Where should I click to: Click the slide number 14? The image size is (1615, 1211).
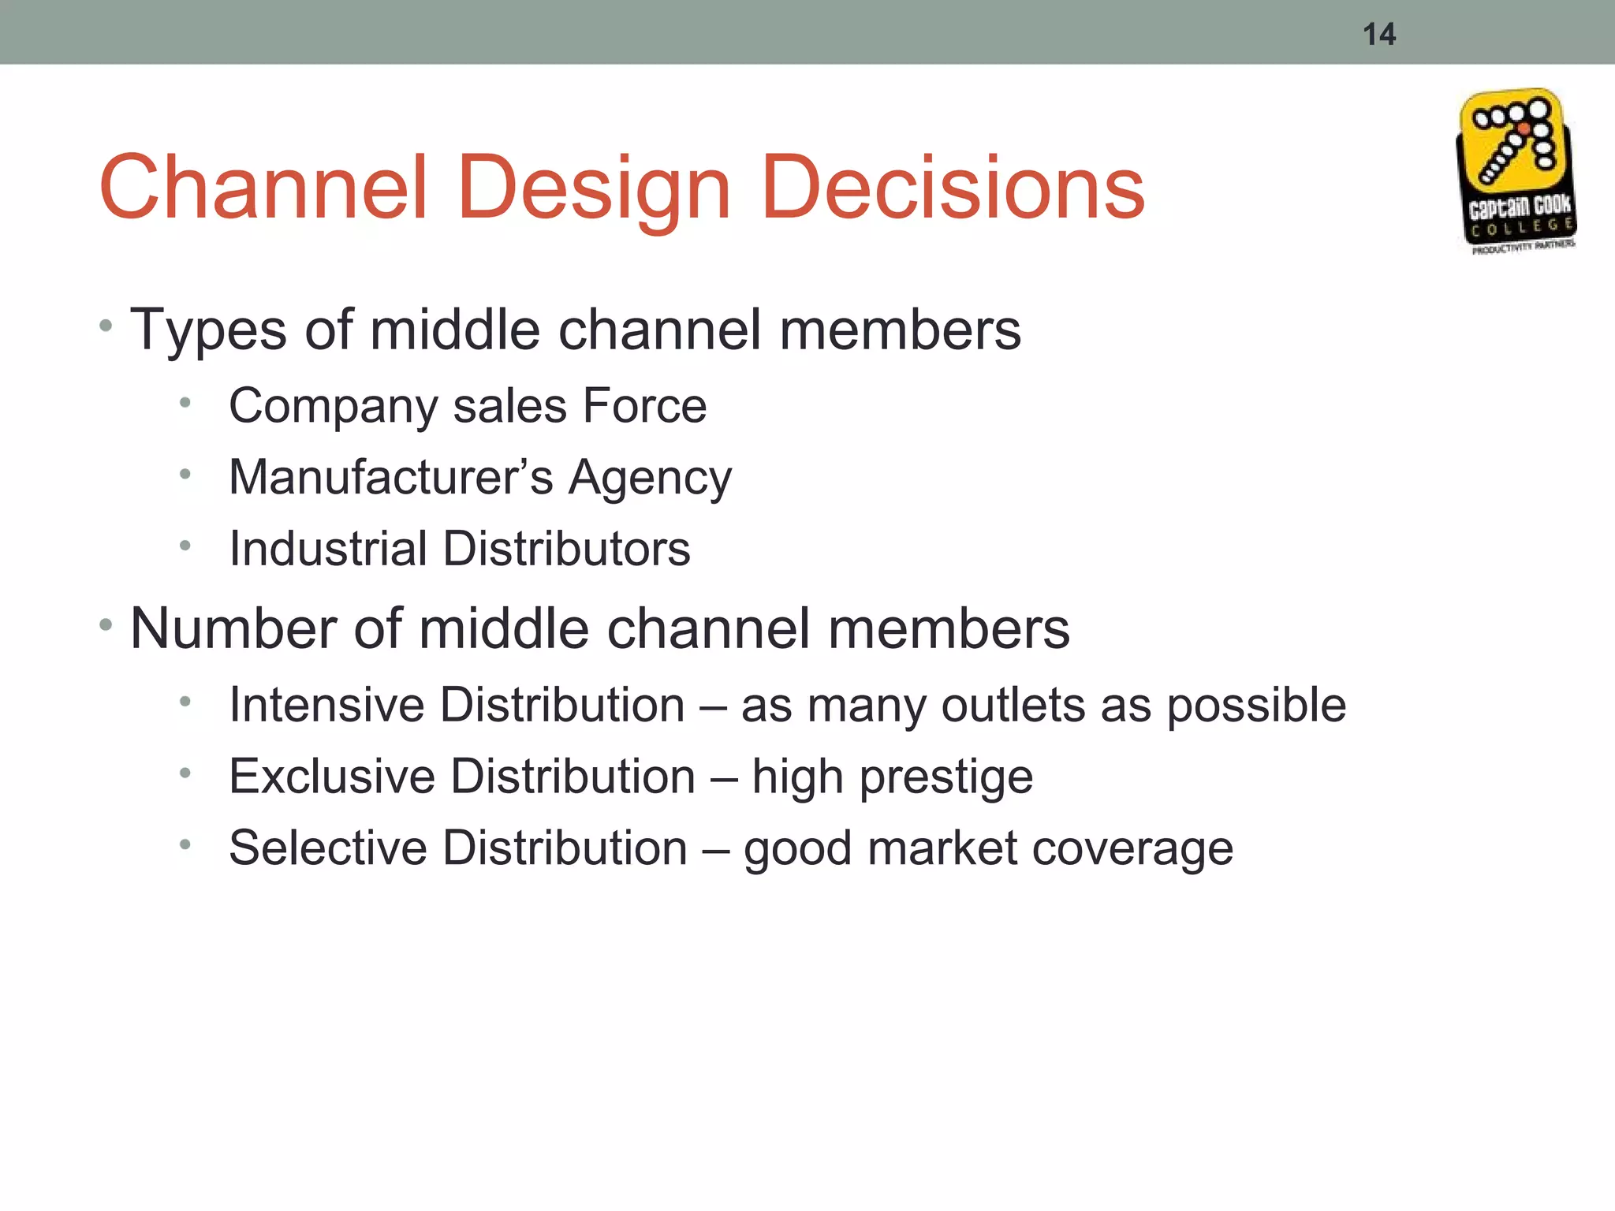click(x=1378, y=35)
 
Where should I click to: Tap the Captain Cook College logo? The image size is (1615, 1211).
click(x=1516, y=172)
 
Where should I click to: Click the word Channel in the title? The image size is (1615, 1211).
click(x=263, y=188)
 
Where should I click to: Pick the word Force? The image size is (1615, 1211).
click(x=644, y=406)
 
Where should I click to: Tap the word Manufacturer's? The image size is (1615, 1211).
click(x=391, y=477)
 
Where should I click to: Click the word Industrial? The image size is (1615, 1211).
click(x=328, y=548)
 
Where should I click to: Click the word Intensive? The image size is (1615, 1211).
click(x=326, y=704)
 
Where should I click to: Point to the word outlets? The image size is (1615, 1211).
click(x=1013, y=704)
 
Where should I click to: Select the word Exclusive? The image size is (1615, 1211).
click(x=331, y=776)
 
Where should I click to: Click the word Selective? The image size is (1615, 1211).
click(x=327, y=848)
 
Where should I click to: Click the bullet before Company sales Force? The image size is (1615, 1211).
click(x=185, y=404)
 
